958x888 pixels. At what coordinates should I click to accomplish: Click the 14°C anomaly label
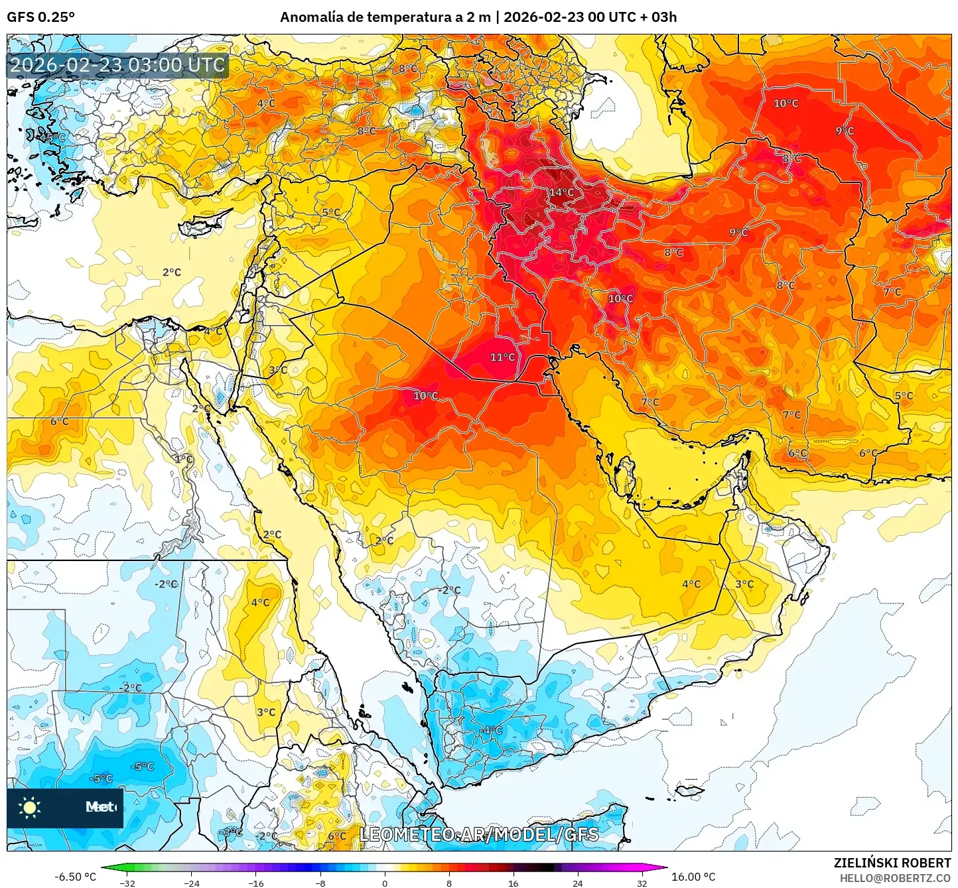click(x=561, y=192)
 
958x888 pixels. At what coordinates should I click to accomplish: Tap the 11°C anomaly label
click(x=502, y=357)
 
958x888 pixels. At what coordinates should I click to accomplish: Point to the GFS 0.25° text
click(x=40, y=17)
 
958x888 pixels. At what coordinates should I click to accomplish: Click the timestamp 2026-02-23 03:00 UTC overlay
click(x=117, y=66)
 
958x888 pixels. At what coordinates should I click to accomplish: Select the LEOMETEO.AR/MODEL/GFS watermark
click(x=478, y=834)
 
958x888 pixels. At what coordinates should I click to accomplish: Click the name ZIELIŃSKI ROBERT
click(x=892, y=863)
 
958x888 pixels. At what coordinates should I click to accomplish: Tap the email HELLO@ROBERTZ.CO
click(x=895, y=878)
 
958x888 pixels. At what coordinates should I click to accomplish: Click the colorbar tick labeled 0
click(x=385, y=883)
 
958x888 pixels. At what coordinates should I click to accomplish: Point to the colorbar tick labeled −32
click(x=127, y=883)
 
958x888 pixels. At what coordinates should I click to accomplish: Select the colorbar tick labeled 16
click(x=513, y=883)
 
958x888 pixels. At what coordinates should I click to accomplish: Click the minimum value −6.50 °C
click(x=75, y=877)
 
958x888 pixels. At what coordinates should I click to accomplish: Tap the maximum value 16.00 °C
click(x=693, y=877)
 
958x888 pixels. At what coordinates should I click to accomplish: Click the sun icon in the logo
click(x=30, y=807)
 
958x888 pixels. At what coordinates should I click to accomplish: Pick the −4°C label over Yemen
click(x=492, y=730)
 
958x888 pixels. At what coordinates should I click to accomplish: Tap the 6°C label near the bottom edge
click(x=337, y=836)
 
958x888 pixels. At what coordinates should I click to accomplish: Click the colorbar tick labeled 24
click(x=577, y=883)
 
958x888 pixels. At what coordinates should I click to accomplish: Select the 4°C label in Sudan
click(x=260, y=602)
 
